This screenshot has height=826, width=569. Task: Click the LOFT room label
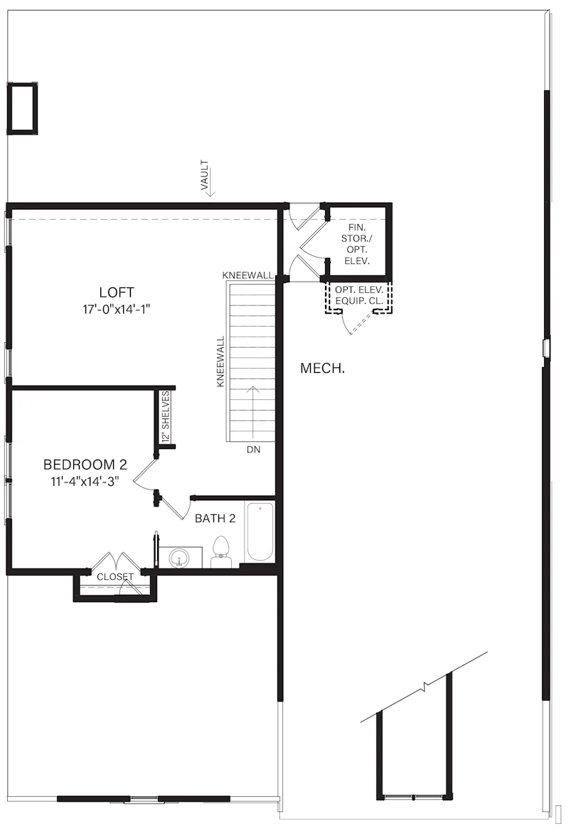tap(117, 292)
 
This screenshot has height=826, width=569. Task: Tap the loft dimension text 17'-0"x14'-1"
tap(117, 309)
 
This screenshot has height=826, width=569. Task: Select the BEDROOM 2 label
tap(85, 465)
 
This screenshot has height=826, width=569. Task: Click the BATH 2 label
tap(215, 519)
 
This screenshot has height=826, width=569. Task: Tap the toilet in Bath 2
tap(222, 552)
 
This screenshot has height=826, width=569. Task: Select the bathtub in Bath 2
tap(260, 533)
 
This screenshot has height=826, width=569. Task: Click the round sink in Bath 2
tap(179, 557)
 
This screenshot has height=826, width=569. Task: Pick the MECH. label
tap(323, 368)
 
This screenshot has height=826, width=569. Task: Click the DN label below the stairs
tap(253, 450)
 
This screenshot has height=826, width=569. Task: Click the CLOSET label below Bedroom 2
tap(115, 576)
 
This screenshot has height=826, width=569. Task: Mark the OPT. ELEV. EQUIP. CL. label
tap(359, 296)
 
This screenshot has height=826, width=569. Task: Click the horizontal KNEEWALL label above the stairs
tap(248, 275)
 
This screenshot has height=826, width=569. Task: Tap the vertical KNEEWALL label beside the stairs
tap(220, 361)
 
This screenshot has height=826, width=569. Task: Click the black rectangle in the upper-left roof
tap(22, 108)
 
